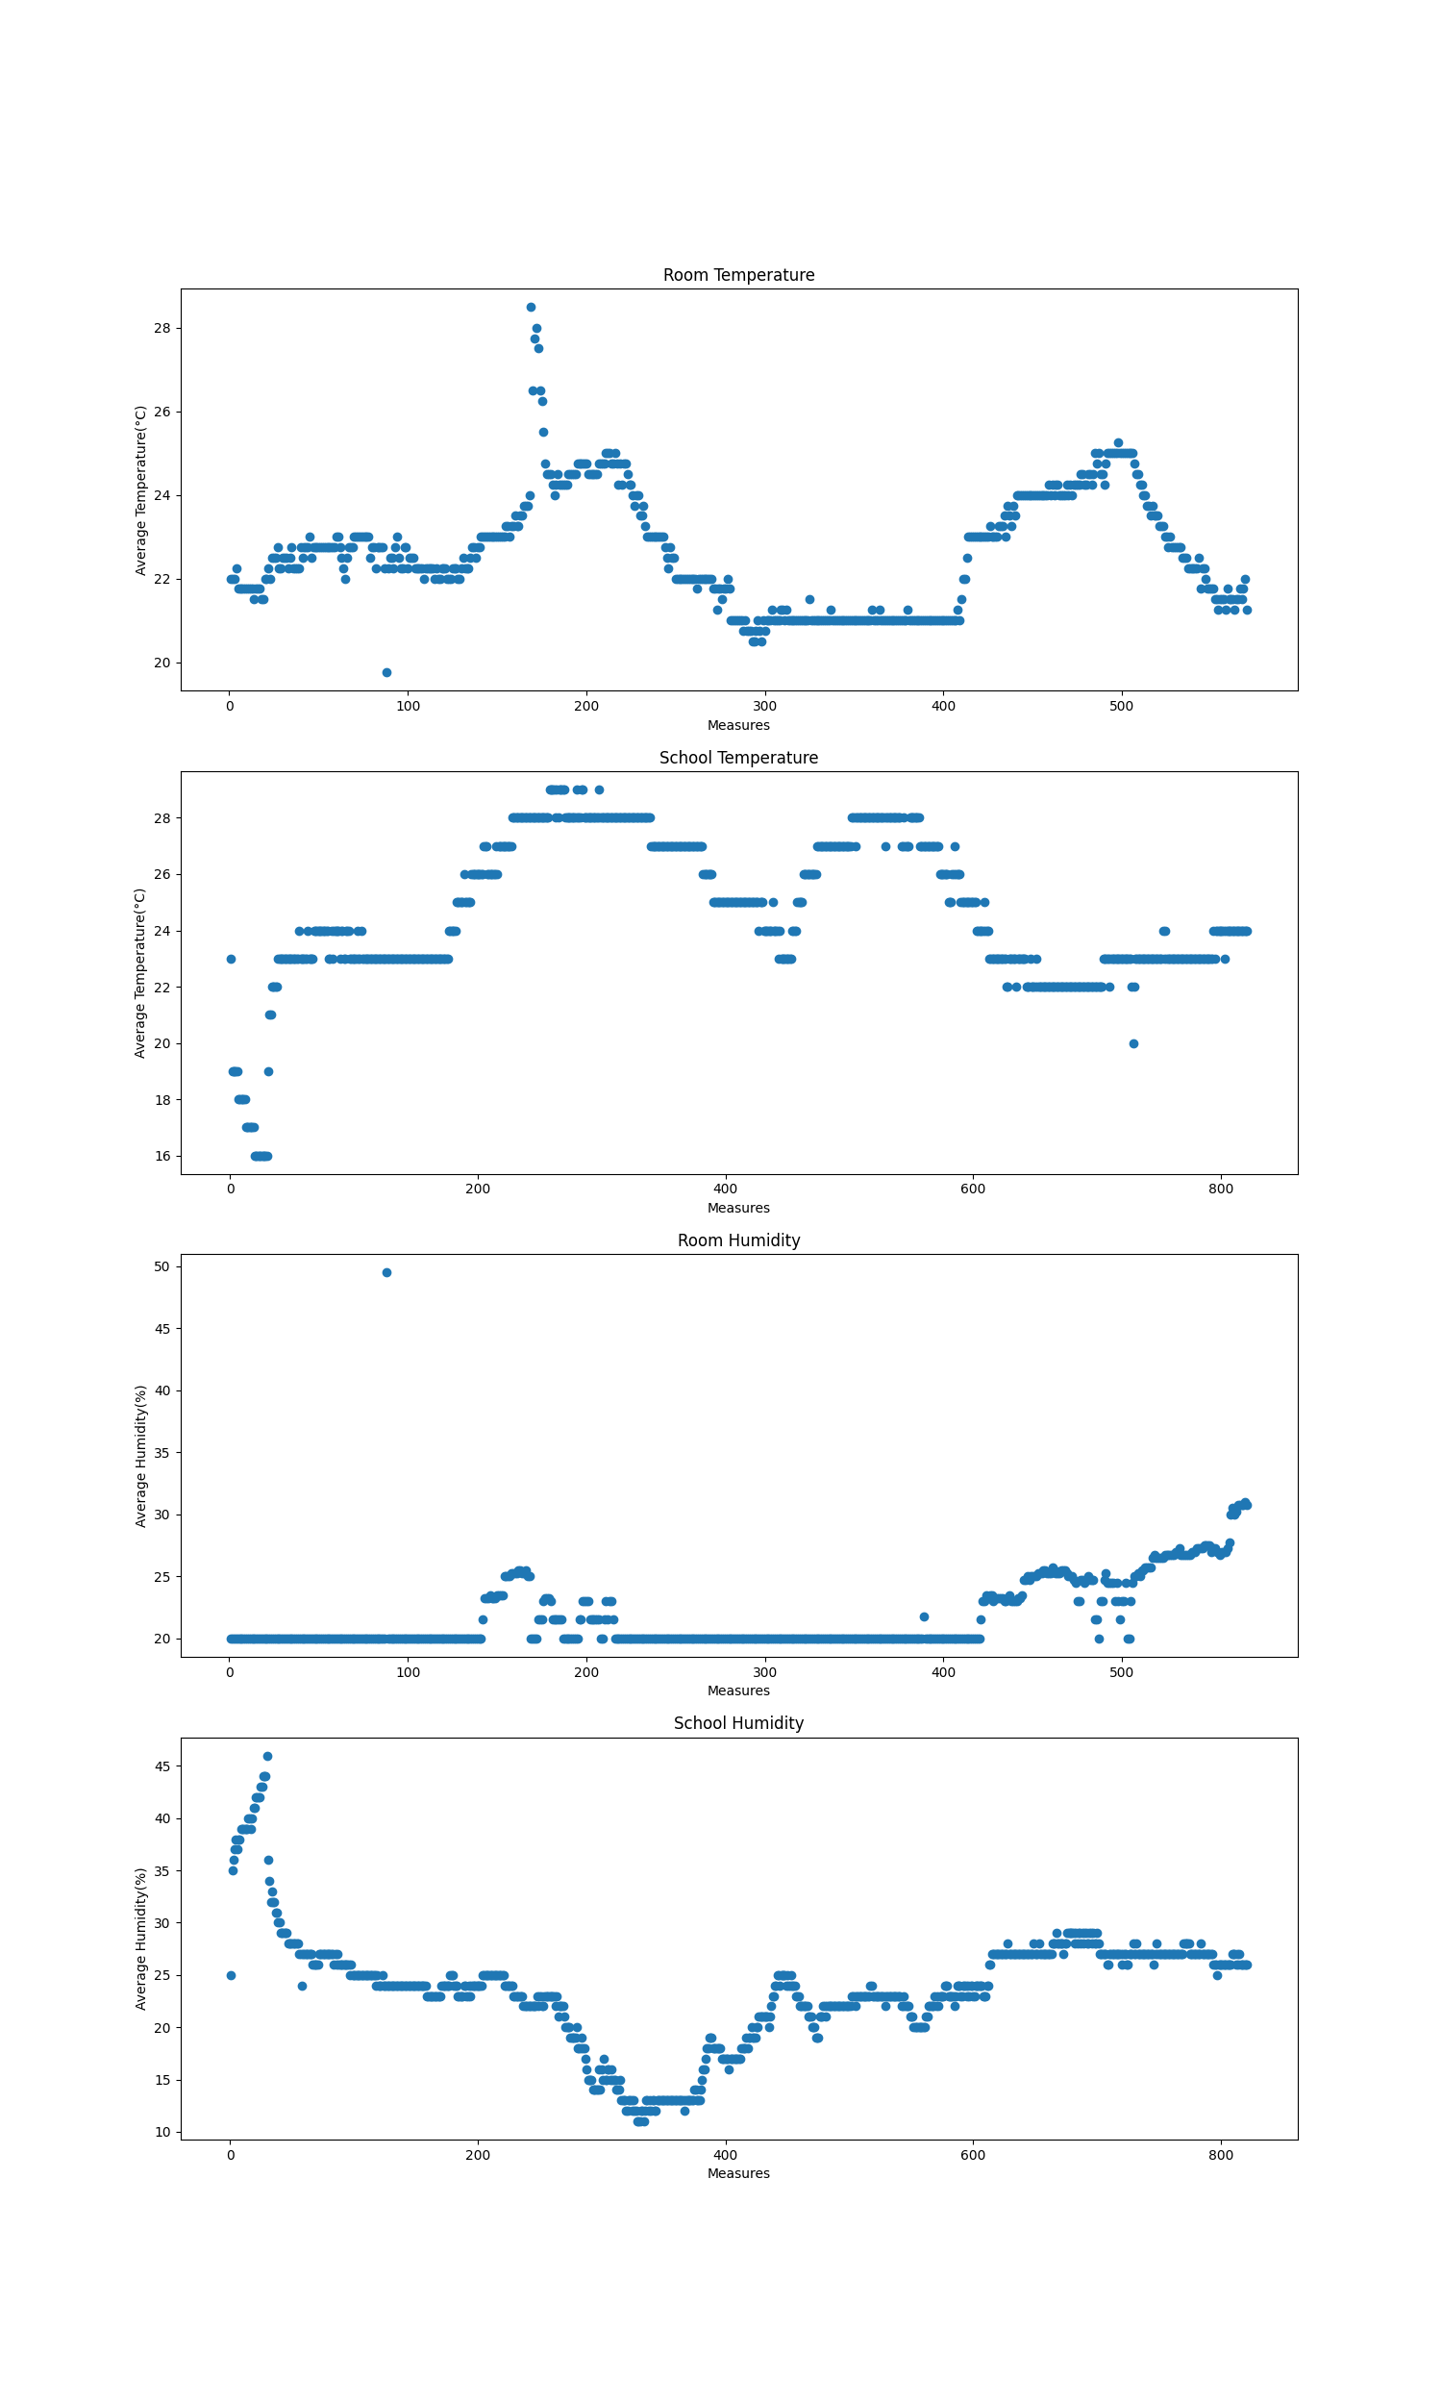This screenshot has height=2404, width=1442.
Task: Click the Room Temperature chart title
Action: pos(738,275)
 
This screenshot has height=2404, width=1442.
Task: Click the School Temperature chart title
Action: pos(738,758)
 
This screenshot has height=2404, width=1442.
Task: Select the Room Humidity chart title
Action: pos(738,1240)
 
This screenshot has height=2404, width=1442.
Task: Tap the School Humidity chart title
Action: pos(738,1723)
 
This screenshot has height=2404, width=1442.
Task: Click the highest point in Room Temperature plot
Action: pos(531,307)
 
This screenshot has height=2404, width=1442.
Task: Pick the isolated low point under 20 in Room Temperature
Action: pos(386,672)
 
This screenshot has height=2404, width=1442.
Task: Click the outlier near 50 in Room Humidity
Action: pos(386,1272)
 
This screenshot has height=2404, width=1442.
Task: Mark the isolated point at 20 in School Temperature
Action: pos(1133,1043)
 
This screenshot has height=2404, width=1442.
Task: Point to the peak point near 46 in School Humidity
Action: pos(267,1756)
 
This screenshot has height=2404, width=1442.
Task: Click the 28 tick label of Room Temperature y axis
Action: pos(162,329)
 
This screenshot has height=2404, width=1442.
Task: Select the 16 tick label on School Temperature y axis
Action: pos(162,1157)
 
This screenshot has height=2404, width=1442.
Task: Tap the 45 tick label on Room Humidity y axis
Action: pos(162,1328)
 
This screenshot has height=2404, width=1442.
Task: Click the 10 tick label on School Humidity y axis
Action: pos(162,2132)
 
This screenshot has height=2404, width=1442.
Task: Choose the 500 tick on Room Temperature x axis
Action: pos(1121,707)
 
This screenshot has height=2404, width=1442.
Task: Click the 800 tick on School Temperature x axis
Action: pos(1221,1189)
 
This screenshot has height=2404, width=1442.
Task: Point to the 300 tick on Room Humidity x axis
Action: pos(764,1672)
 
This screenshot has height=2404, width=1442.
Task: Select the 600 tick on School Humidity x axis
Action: pos(973,2155)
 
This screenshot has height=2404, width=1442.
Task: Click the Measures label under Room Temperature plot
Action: pos(738,725)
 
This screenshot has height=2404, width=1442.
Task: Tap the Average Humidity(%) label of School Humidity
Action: pos(141,1939)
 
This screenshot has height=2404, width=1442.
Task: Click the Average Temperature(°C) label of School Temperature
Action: pos(141,973)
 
